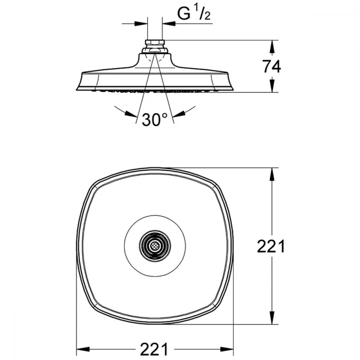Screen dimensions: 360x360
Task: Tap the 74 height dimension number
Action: [x=272, y=67]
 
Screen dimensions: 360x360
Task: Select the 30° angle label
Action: [x=154, y=120]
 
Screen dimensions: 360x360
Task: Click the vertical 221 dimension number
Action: [x=271, y=246]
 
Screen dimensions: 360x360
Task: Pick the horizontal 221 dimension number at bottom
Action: [x=154, y=349]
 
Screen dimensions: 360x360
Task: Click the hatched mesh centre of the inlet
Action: [x=155, y=246]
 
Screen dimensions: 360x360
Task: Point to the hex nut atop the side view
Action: [x=155, y=43]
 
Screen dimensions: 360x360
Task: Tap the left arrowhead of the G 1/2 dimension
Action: [x=141, y=23]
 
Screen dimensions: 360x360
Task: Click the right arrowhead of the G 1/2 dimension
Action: [x=169, y=23]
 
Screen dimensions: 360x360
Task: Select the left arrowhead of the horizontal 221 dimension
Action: [x=83, y=349]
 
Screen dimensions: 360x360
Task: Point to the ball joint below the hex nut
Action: [x=155, y=50]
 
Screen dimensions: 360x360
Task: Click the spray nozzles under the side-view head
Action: [x=154, y=90]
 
